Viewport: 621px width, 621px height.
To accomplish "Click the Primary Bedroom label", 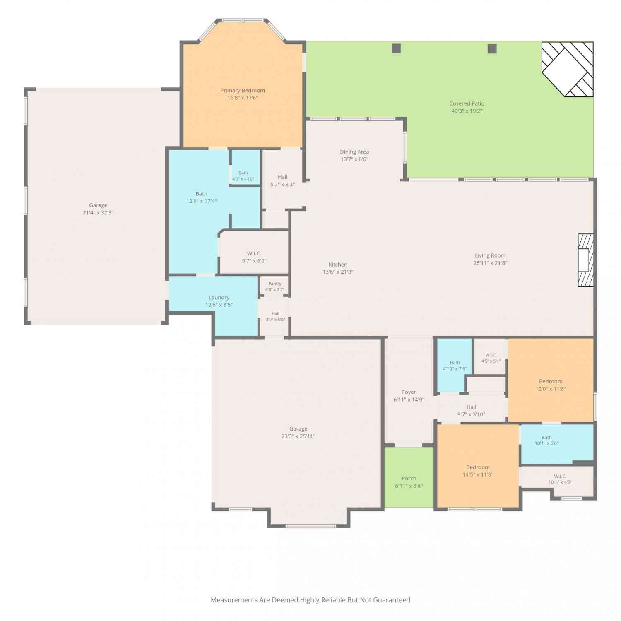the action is pos(243,91).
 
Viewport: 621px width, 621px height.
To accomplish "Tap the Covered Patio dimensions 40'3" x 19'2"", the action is pos(467,111).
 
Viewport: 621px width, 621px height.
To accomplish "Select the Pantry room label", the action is pos(275,284).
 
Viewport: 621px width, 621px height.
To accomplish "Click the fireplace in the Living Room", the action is pos(586,260).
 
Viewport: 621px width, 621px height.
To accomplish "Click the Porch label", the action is pos(409,479).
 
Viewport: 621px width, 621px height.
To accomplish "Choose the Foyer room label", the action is pos(409,392).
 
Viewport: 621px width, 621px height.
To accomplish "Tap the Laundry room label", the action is pos(219,298).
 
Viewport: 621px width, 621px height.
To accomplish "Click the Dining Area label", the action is pos(354,152).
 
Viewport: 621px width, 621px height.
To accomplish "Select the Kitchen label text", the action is pos(338,265).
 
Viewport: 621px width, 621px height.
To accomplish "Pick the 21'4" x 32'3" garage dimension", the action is pos(98,213).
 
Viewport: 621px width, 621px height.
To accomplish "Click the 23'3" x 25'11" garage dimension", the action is pos(298,436).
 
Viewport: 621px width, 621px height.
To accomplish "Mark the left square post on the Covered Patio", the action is pos(396,48).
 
